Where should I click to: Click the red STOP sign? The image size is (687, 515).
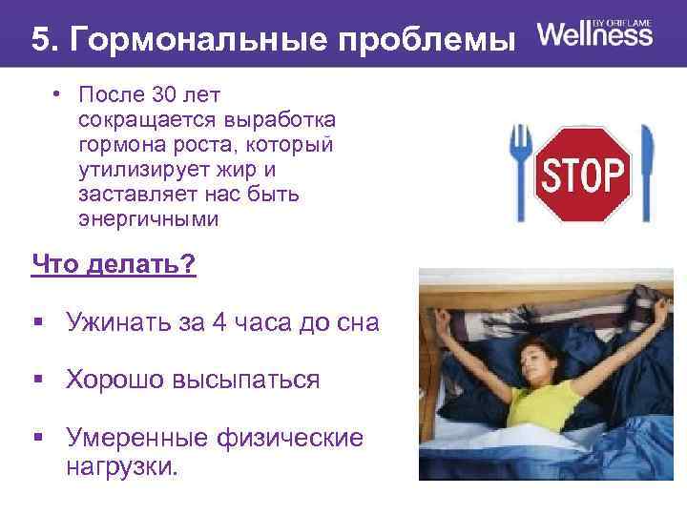[584, 174]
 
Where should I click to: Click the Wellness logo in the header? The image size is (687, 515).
[595, 34]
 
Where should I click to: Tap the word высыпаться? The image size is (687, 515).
[246, 380]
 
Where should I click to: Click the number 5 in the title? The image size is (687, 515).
[40, 40]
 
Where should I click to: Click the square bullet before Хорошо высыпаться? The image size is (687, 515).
[38, 381]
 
